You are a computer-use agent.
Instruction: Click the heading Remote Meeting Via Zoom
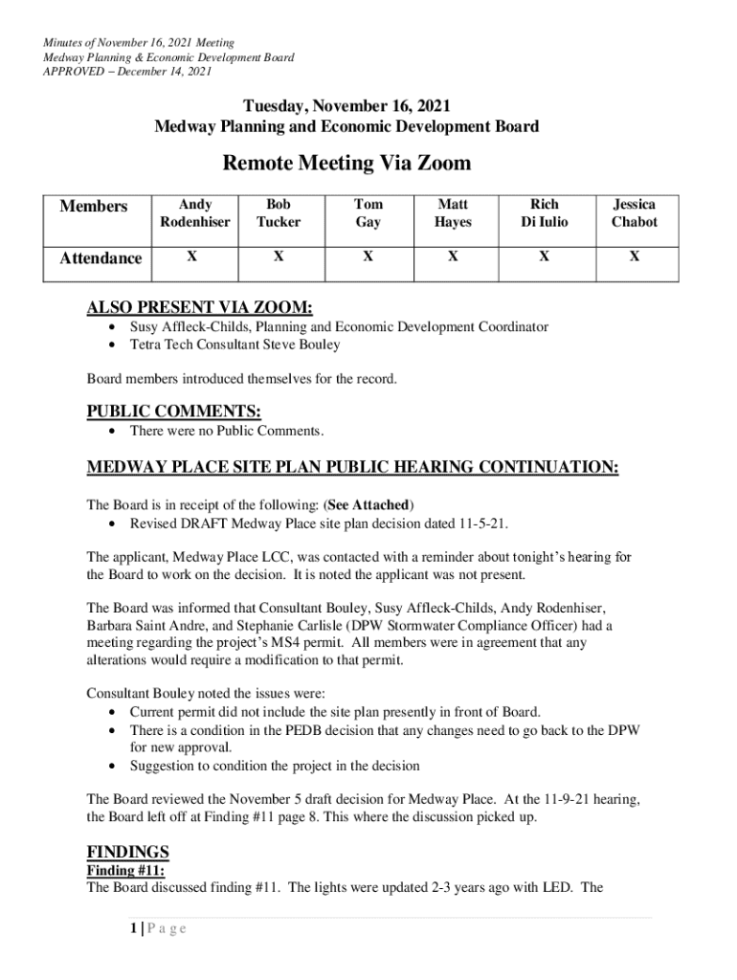[x=346, y=164]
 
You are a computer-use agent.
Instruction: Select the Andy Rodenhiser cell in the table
[x=195, y=213]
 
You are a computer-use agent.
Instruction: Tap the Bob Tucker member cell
[x=279, y=213]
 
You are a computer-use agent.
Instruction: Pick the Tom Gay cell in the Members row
[x=368, y=213]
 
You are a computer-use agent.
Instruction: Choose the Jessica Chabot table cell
[x=635, y=213]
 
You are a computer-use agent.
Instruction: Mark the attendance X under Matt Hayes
[x=453, y=256]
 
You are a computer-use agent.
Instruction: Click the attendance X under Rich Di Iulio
[x=544, y=256]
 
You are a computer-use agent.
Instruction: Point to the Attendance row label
[x=100, y=258]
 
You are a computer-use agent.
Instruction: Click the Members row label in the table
[x=94, y=207]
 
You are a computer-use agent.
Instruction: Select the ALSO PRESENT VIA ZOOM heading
[x=200, y=307]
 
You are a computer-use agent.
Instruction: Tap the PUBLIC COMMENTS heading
[x=173, y=412]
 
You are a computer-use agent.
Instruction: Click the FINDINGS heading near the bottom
[x=128, y=852]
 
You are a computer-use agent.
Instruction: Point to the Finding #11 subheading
[x=126, y=870]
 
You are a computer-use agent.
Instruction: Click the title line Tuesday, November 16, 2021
[x=346, y=106]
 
